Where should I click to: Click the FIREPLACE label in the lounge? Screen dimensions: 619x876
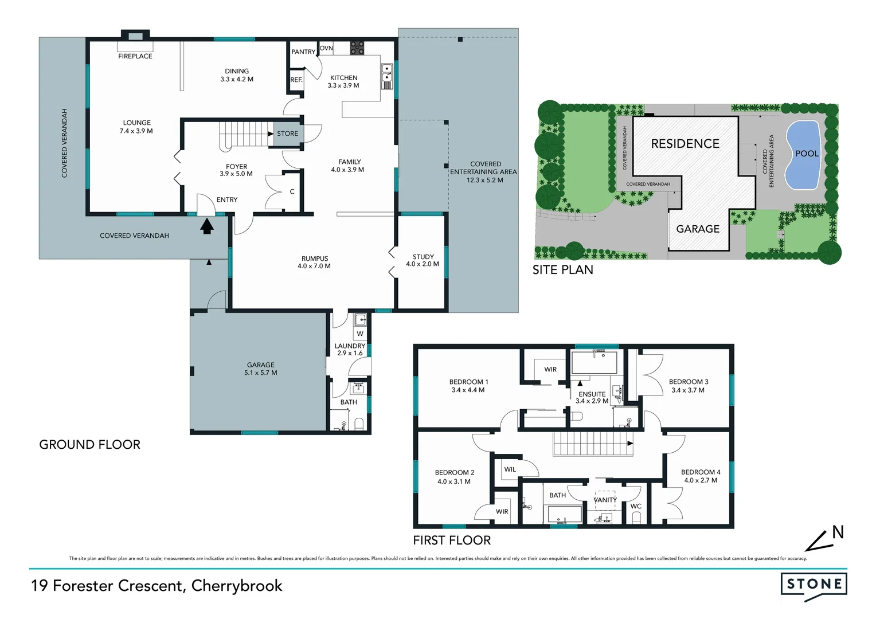coord(135,56)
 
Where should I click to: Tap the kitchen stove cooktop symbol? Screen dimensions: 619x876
coord(357,48)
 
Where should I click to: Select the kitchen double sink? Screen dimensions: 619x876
coord(387,76)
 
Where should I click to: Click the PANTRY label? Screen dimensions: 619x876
coord(303,52)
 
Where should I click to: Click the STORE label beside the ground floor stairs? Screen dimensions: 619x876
coord(287,134)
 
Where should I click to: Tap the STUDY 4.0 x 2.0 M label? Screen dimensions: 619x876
coord(423,260)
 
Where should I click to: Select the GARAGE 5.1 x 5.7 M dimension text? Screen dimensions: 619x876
coord(260,373)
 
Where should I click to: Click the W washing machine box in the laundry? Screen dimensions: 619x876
coord(360,334)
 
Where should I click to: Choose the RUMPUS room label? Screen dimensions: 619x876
coord(314,258)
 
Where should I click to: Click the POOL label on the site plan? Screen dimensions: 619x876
coord(807,154)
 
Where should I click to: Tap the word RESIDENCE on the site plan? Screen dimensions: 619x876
coord(685,144)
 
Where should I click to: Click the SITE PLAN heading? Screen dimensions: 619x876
coord(562,270)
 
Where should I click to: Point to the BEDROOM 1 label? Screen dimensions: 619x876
coord(468,382)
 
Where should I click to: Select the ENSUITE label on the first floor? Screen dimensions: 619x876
coord(592,394)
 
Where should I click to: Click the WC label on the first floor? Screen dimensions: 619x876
coord(636,506)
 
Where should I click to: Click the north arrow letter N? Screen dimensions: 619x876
coord(838,532)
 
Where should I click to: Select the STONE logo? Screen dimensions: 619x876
coord(814,585)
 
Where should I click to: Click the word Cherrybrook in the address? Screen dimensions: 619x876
coord(237,586)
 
